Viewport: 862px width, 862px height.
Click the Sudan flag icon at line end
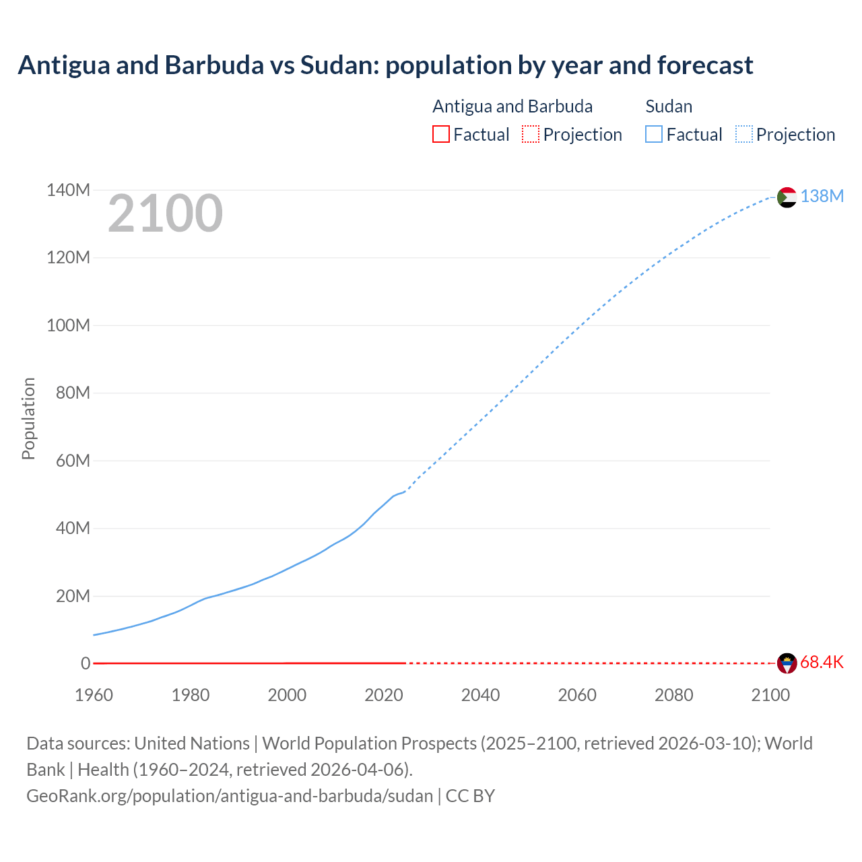tap(787, 197)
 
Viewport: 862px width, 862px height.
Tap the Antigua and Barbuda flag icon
tap(787, 663)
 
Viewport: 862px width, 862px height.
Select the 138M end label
tap(822, 196)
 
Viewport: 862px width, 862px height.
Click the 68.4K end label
tap(822, 663)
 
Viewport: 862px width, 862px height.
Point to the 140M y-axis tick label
tap(68, 191)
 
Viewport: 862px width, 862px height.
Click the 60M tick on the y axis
tap(73, 461)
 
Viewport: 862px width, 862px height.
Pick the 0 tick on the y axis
tap(86, 664)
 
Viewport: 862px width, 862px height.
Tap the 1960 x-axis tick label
tap(94, 696)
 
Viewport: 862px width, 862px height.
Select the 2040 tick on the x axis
tap(480, 696)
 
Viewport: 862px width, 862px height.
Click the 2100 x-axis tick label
tap(770, 696)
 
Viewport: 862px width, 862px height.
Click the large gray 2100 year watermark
tap(165, 213)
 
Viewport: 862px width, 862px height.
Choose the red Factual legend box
tap(440, 135)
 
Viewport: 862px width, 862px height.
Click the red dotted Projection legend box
tap(531, 135)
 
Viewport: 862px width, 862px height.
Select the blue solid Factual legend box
tap(654, 135)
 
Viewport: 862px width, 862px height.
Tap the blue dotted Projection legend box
tap(744, 135)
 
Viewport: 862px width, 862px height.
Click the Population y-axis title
tap(28, 418)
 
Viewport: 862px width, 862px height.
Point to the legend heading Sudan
tap(669, 106)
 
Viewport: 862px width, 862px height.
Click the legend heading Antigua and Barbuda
tap(512, 106)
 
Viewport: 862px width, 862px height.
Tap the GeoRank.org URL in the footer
tap(230, 796)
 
